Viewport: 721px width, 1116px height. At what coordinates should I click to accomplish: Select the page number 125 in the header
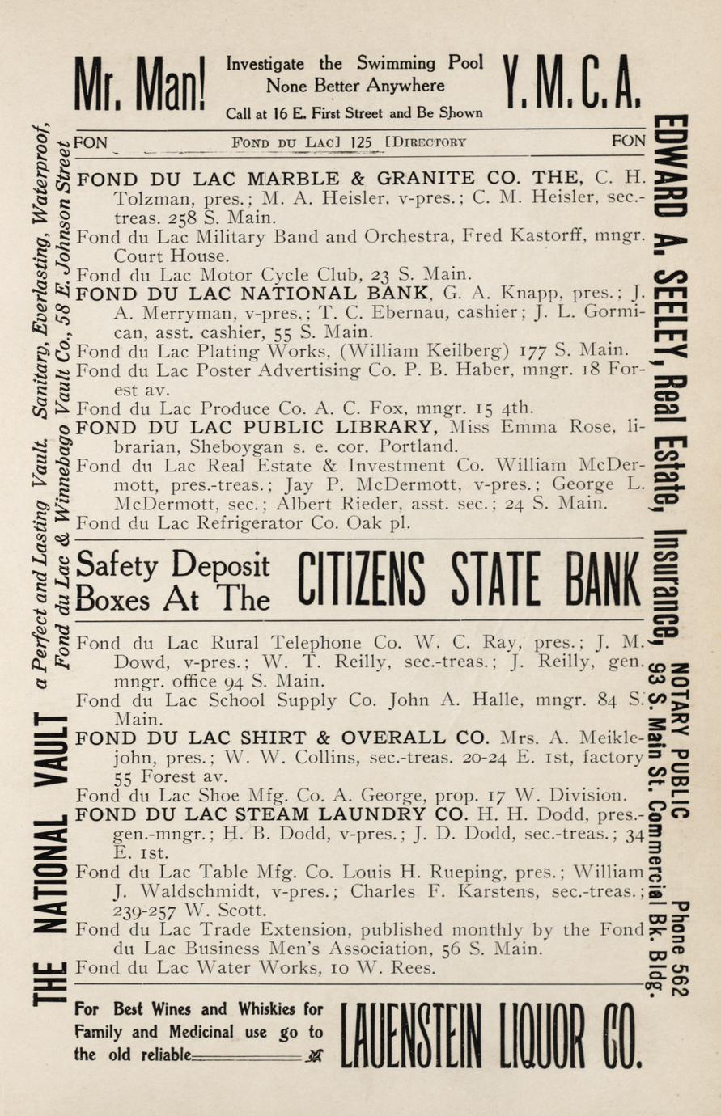click(362, 143)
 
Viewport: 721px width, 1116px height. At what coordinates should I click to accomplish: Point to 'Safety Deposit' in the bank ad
click(173, 564)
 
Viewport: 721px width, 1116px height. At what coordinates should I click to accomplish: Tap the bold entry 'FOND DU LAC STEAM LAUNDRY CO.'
click(283, 814)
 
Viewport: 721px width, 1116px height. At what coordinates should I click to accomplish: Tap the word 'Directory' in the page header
click(429, 143)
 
